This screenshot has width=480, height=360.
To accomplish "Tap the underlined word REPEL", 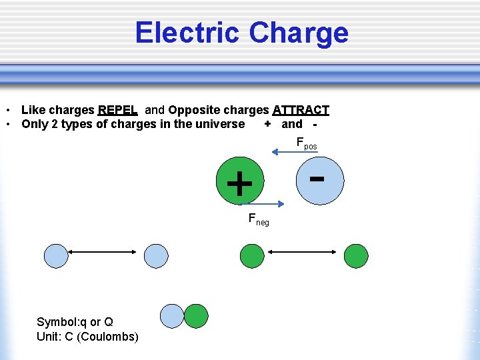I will coord(117,110).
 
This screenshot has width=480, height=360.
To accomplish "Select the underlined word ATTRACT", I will coord(301,110).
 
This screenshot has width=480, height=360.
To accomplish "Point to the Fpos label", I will coord(306,143).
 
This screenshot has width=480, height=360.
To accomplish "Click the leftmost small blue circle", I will coord(56,255).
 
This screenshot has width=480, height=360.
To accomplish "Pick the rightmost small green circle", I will coord(356,255).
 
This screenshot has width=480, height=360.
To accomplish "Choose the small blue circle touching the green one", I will coord(172,316).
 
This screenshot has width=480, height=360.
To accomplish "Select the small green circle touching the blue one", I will coord(196,316).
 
